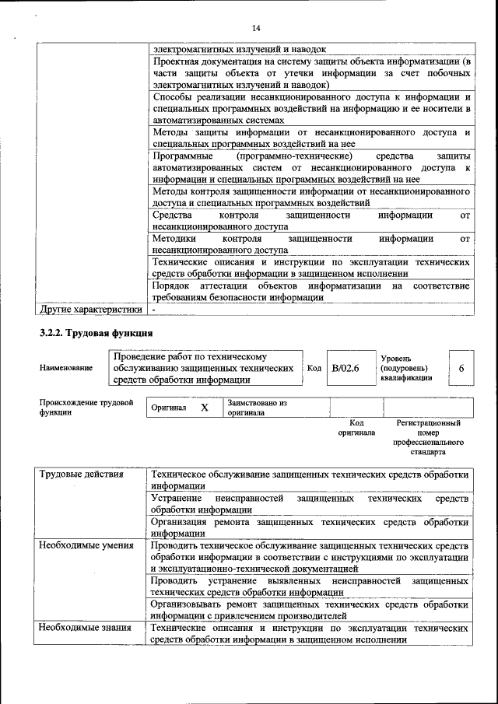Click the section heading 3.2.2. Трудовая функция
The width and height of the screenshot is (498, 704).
[x=96, y=334]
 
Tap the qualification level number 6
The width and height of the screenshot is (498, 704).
[x=462, y=368]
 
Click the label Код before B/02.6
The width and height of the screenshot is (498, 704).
[x=314, y=368]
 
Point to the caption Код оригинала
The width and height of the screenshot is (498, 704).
[x=356, y=427]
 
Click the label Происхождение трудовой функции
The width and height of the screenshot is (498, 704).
[x=86, y=408]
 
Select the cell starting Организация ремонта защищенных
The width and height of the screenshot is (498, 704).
[x=310, y=527]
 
